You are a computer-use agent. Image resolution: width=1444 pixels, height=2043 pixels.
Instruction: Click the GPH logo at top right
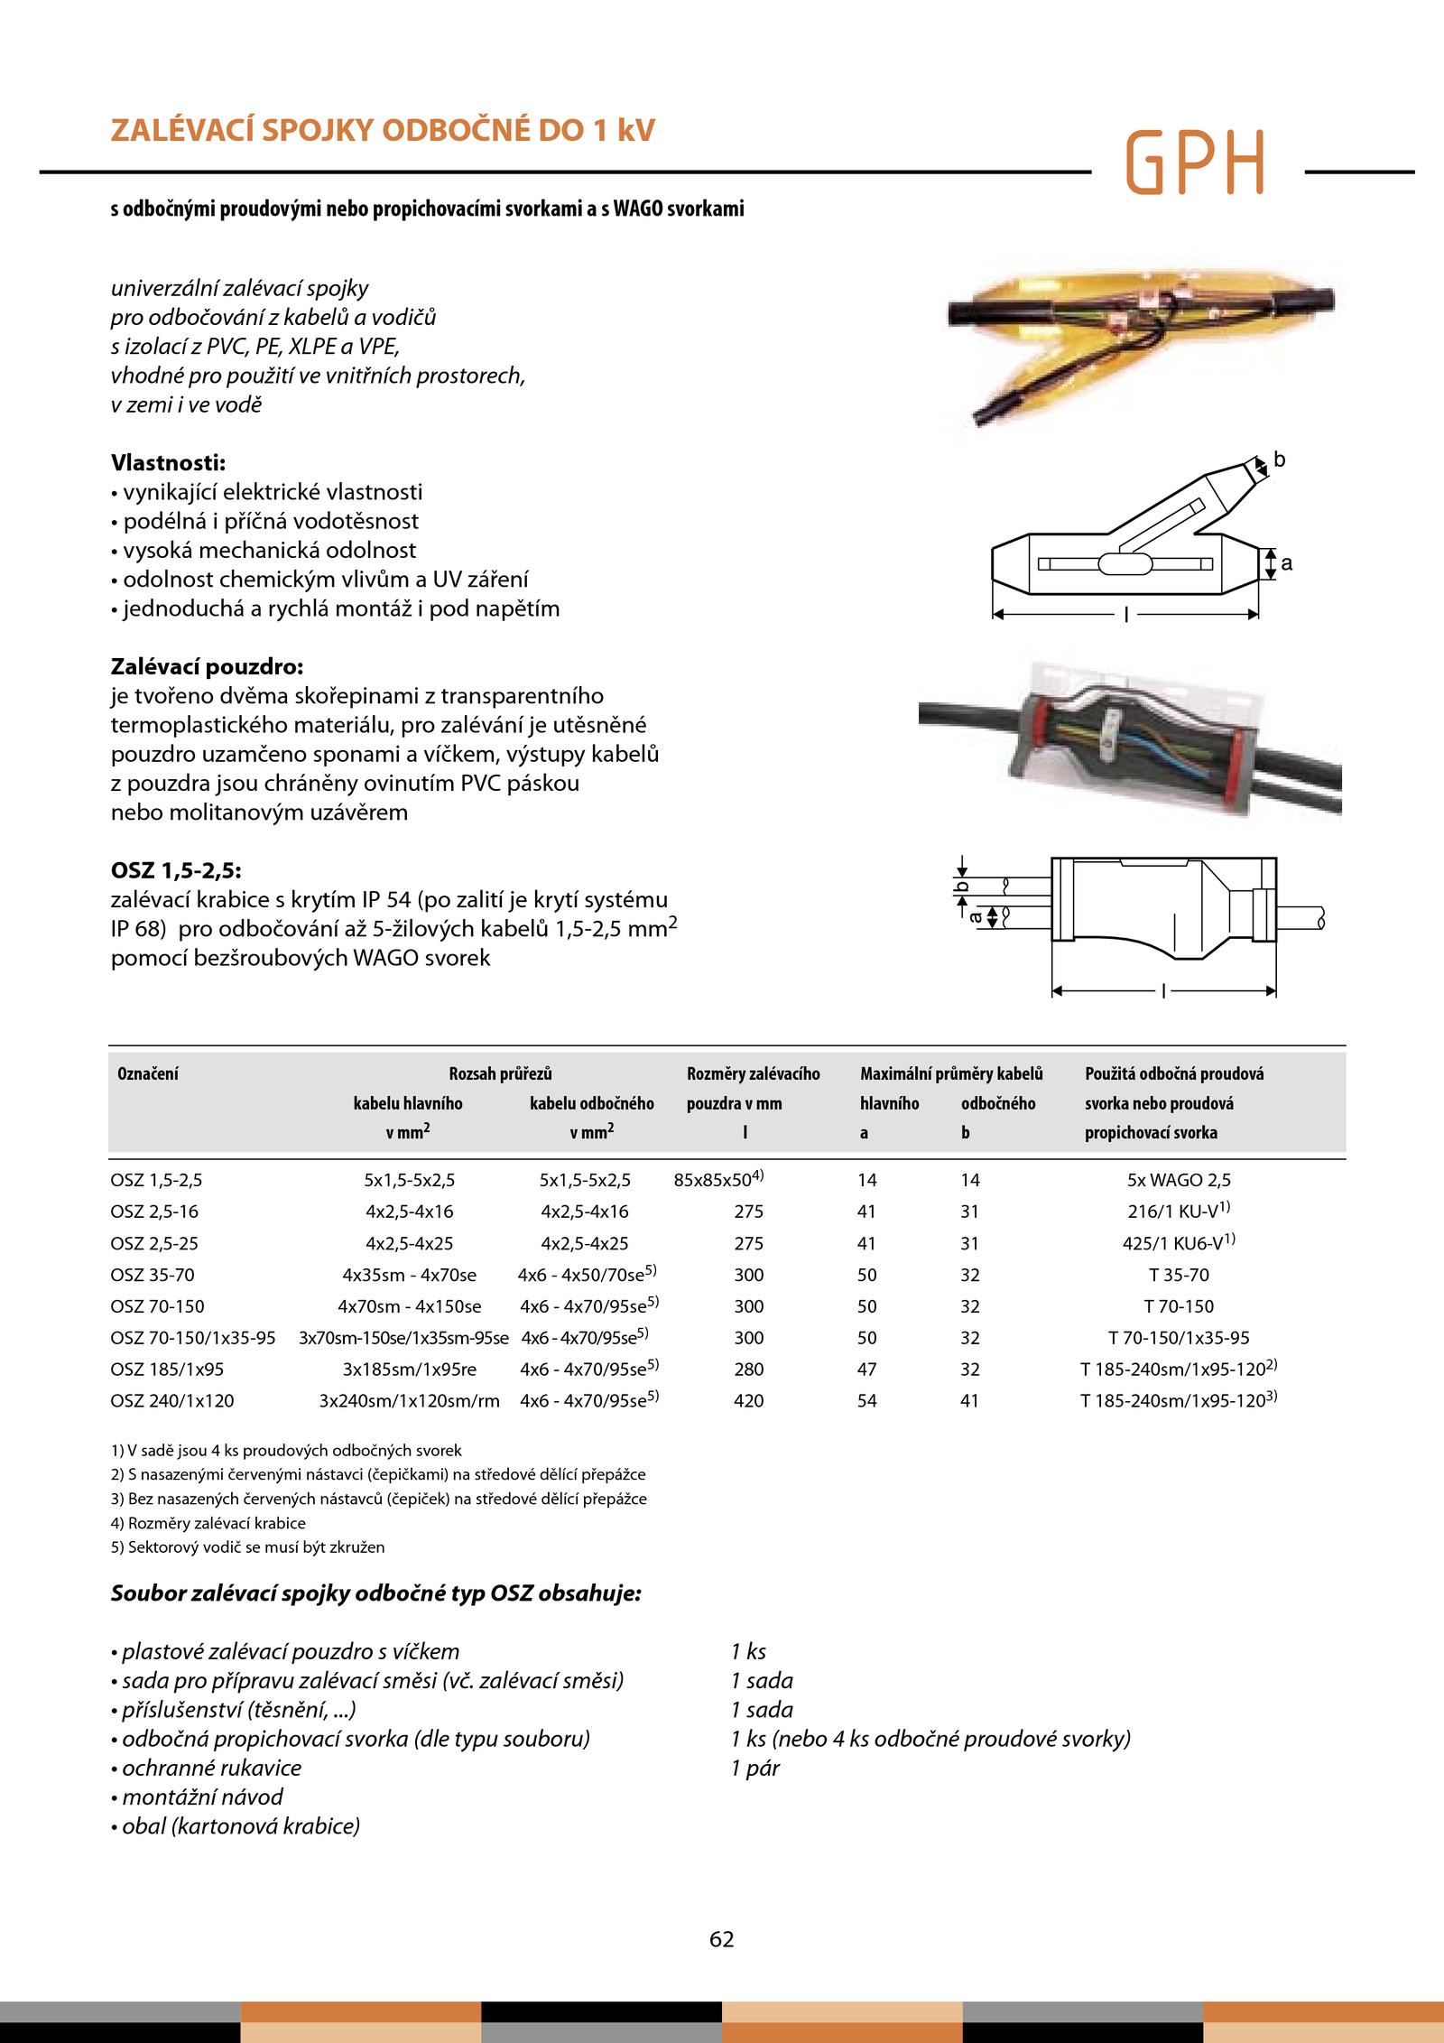[1195, 163]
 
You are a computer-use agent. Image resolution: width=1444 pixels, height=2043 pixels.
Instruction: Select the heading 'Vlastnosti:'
[168, 463]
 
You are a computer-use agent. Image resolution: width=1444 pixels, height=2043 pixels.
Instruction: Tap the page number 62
[721, 1939]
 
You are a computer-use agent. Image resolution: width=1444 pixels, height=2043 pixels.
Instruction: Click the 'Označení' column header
[148, 1073]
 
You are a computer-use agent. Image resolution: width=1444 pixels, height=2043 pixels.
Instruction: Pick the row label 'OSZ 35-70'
[153, 1275]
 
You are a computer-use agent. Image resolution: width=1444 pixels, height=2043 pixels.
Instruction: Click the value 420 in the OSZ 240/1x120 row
[748, 1400]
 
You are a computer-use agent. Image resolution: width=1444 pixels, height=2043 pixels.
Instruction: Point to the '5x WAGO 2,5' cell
[1179, 1180]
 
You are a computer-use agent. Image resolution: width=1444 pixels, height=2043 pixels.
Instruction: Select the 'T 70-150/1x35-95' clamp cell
[1179, 1338]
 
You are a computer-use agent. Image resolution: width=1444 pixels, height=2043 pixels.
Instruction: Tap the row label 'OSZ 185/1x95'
[167, 1370]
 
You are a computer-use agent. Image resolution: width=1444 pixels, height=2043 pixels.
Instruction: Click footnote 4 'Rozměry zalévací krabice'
[208, 1523]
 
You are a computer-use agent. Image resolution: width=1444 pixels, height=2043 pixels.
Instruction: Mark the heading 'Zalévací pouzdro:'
[207, 667]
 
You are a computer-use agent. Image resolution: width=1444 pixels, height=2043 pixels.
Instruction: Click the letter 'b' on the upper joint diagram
[1279, 460]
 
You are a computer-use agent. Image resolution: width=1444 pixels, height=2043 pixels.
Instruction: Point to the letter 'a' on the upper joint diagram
[1286, 563]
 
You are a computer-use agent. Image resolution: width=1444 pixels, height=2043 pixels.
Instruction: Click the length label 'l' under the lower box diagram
[1164, 991]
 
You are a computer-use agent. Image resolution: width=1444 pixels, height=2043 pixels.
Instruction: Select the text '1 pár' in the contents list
[755, 1768]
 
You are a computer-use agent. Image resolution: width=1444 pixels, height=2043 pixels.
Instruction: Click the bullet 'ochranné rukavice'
[211, 1768]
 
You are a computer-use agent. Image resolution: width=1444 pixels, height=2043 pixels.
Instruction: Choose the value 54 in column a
[866, 1400]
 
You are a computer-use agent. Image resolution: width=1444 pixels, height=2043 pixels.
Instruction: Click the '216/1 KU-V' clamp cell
[1178, 1212]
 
